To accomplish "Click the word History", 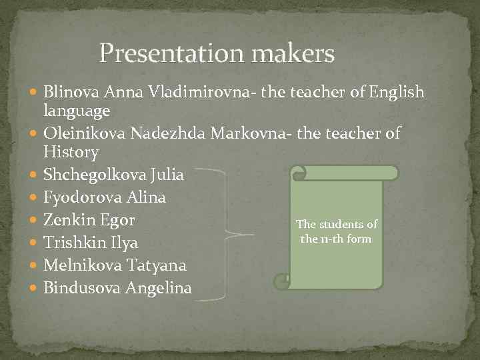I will [71, 153].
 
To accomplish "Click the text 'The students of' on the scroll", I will [336, 225].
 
